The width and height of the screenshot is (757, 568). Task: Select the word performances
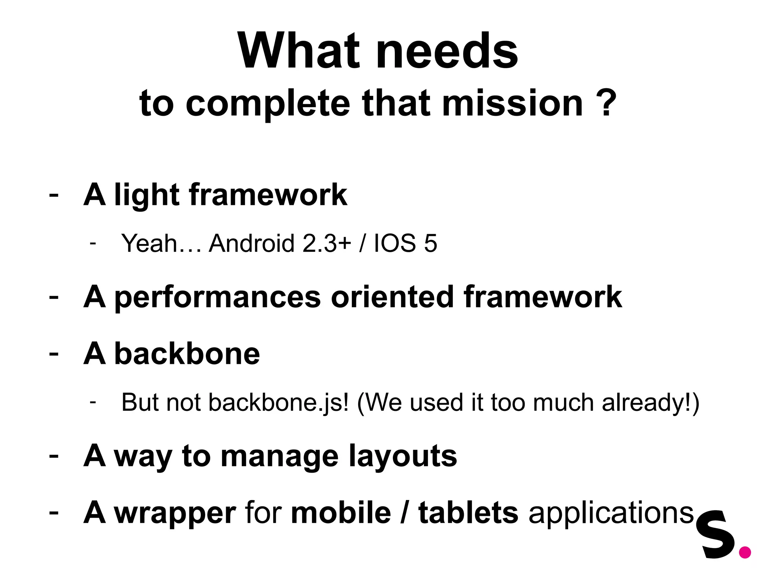[x=218, y=297]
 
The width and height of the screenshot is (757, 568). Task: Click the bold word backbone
[x=187, y=354]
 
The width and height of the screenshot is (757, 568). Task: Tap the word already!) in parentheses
[x=651, y=402]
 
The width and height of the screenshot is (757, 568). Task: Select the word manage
[x=279, y=456]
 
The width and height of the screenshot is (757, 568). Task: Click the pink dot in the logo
[x=744, y=552]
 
